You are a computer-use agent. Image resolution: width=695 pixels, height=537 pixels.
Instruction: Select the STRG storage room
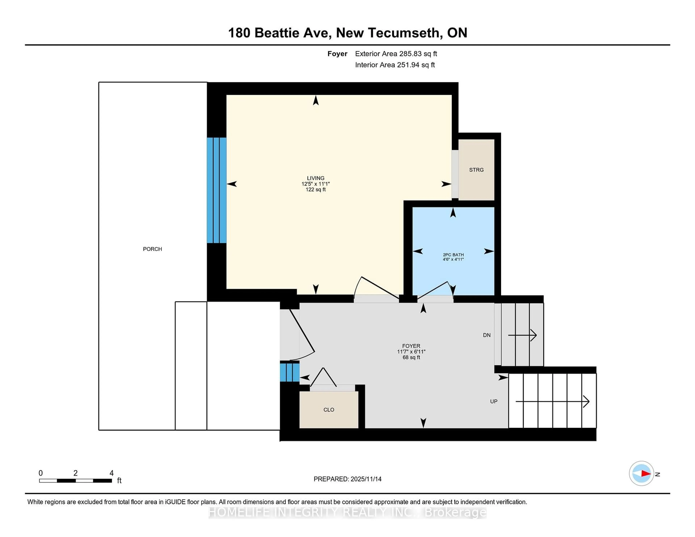point(476,170)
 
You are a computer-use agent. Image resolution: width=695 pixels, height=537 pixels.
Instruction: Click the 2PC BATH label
point(453,255)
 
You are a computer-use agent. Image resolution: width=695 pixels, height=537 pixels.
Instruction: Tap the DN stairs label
point(486,335)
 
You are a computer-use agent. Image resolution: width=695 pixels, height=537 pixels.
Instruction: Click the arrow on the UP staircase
point(553,401)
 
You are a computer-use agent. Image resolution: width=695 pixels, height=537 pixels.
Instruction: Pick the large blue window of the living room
point(217,190)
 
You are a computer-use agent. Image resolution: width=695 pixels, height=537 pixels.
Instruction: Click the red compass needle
point(646,473)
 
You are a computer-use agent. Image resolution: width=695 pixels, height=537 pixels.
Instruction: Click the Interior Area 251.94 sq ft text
point(395,65)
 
